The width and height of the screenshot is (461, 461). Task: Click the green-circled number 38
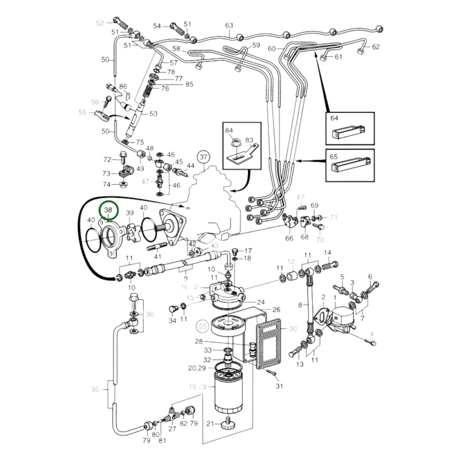[108, 210]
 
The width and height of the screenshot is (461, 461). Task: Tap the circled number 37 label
[204, 157]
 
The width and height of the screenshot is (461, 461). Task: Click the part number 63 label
[229, 25]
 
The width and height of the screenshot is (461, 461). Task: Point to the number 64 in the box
[334, 118]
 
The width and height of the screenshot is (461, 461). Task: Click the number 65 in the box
[333, 157]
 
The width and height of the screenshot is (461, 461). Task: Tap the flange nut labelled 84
[235, 140]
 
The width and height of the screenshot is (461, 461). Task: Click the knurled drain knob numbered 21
[227, 424]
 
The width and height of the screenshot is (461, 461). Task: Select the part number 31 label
[279, 386]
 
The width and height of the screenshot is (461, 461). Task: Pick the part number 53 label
[153, 114]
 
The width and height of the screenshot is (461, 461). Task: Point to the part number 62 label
[376, 47]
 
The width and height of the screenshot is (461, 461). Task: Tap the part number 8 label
[300, 305]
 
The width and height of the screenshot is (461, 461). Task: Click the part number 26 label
[276, 309]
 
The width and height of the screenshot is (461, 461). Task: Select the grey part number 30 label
[293, 328]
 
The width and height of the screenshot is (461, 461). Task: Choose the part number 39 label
[130, 213]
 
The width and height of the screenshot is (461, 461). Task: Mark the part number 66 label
[289, 238]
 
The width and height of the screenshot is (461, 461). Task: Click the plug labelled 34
[173, 309]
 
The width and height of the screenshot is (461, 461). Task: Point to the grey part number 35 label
[95, 389]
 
